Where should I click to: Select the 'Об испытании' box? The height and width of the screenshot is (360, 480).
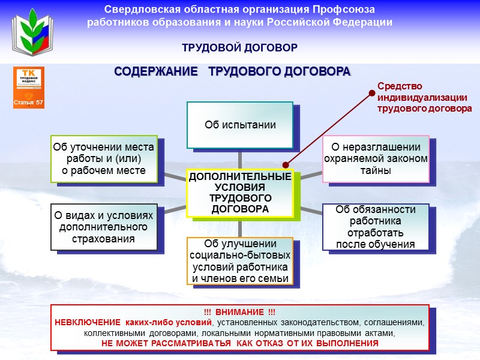(240, 125)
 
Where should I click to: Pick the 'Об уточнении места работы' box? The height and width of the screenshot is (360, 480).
(104, 158)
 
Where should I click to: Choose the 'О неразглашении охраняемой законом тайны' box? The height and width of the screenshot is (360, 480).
(376, 158)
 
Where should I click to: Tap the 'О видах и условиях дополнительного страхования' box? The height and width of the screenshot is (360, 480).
(104, 227)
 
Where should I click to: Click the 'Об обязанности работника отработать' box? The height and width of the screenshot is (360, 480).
(376, 227)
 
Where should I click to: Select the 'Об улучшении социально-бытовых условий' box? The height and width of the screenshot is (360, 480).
(240, 261)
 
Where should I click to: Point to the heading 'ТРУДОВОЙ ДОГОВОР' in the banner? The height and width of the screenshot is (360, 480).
(240, 47)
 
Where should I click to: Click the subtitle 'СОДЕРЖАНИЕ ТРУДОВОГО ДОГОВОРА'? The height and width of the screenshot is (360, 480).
(232, 71)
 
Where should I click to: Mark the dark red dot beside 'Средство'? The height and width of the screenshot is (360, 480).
(372, 92)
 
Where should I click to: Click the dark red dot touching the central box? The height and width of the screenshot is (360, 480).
(286, 164)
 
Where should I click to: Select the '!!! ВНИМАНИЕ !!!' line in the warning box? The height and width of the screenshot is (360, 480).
(240, 313)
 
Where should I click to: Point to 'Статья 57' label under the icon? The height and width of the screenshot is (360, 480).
(29, 103)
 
